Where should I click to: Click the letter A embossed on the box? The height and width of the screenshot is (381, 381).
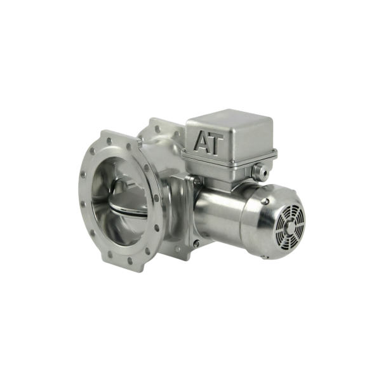coord(204,142)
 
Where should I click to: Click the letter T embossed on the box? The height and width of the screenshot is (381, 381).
coord(217,144)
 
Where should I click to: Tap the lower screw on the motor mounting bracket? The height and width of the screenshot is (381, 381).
coord(197,242)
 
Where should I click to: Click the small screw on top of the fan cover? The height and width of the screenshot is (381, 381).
coord(267,201)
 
